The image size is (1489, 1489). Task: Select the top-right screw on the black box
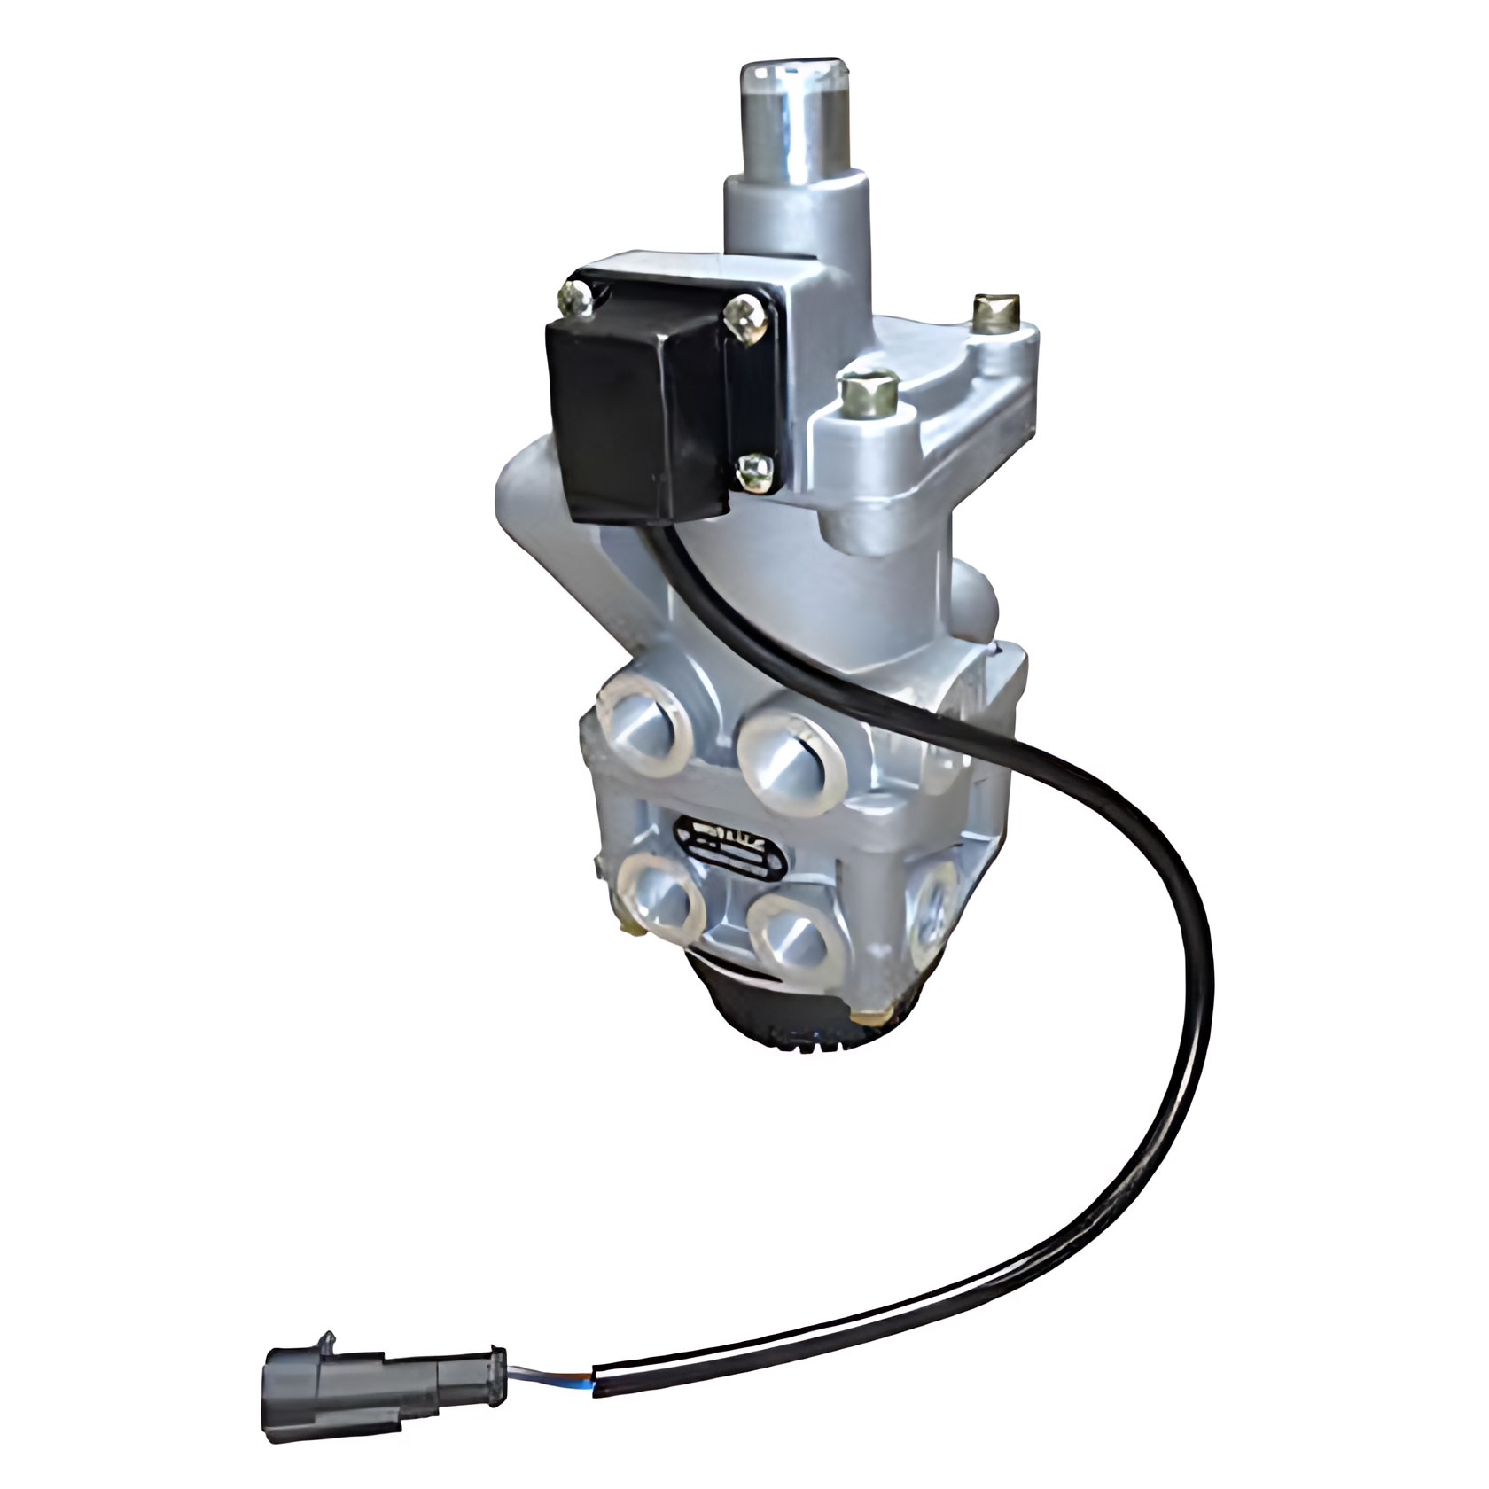743,316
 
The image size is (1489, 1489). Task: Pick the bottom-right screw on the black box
754,471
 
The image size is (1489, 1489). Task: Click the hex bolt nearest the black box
869,394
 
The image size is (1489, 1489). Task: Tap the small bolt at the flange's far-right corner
994,312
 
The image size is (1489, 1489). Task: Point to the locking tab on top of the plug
329,1338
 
